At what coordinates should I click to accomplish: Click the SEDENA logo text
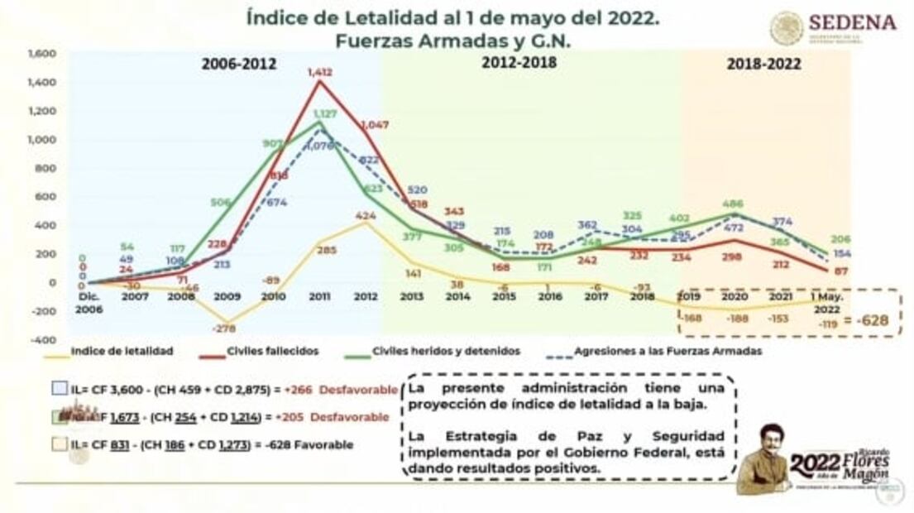(851, 22)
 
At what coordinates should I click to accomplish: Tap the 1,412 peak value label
(320, 73)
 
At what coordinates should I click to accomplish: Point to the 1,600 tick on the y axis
(42, 54)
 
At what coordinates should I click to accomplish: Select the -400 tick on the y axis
(44, 340)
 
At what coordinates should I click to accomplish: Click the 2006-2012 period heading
(239, 64)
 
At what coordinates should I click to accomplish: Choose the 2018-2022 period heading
(763, 64)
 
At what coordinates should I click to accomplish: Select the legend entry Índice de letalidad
(122, 351)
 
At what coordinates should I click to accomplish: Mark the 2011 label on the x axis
(319, 295)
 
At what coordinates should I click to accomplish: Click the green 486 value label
(732, 204)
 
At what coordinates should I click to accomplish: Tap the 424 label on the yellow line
(366, 216)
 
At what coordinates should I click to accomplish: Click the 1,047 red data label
(374, 125)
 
